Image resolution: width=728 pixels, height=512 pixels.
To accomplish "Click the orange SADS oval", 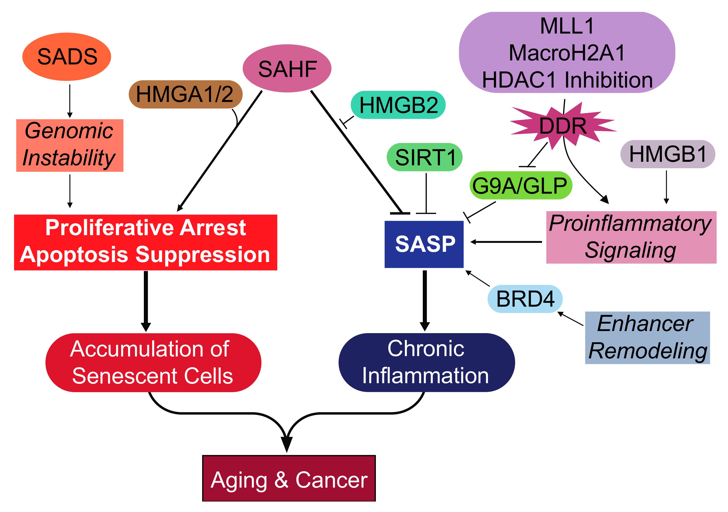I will coord(67,56).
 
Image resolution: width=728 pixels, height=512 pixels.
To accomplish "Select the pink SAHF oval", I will coord(287,68).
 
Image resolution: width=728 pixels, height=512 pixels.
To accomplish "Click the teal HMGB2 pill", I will coord(398,105).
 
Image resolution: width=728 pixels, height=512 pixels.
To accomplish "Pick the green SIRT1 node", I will coord(424,157).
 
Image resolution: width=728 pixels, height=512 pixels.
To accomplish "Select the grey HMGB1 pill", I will coord(668,154).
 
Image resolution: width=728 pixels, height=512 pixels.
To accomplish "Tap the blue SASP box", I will coord(424,244).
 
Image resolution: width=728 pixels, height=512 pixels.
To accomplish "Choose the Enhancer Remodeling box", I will coord(647,338).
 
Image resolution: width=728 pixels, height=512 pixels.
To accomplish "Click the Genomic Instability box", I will coord(69,145).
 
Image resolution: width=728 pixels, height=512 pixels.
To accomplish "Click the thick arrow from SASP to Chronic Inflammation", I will coord(425,300).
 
